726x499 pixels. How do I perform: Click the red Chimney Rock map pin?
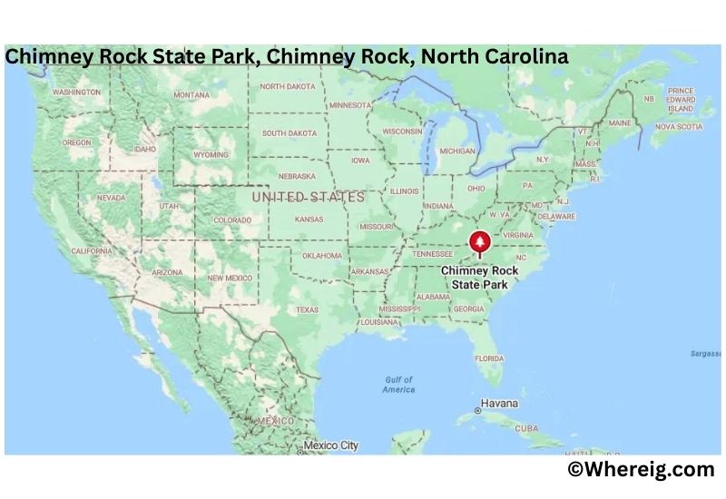pyautogui.click(x=479, y=243)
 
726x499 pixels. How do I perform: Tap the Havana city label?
pyautogui.click(x=499, y=402)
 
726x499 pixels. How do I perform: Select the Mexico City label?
pyautogui.click(x=330, y=445)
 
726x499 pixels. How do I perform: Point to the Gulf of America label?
pyautogui.click(x=398, y=385)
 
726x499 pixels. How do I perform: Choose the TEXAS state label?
pyautogui.click(x=308, y=309)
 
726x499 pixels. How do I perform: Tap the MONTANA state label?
pyautogui.click(x=191, y=94)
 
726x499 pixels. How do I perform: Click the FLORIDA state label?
pyautogui.click(x=489, y=357)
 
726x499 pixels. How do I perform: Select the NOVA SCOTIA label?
pyautogui.click(x=678, y=127)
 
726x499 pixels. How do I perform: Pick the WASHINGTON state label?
pyautogui.click(x=76, y=93)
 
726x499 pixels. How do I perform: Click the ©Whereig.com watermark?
pyautogui.click(x=641, y=469)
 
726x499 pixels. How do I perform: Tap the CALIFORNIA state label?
pyautogui.click(x=92, y=250)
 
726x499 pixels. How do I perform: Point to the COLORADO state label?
pyautogui.click(x=232, y=220)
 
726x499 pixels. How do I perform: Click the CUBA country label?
pyautogui.click(x=526, y=427)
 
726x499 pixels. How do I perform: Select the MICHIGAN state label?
pyautogui.click(x=456, y=151)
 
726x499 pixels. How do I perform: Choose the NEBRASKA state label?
pyautogui.click(x=298, y=176)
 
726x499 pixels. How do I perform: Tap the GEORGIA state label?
pyautogui.click(x=468, y=308)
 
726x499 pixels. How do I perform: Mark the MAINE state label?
pyautogui.click(x=620, y=122)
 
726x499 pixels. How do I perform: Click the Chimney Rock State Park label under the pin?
pyautogui.click(x=478, y=277)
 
